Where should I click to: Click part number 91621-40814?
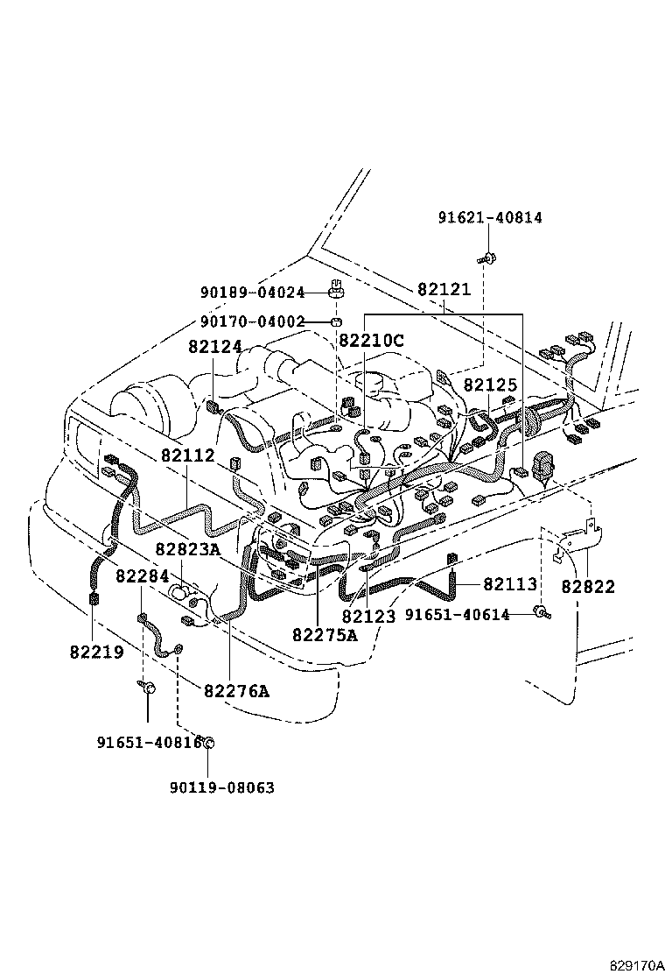(490, 218)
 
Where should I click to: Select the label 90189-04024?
(252, 293)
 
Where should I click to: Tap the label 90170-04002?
(252, 321)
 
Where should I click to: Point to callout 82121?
(444, 289)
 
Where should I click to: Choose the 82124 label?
(214, 347)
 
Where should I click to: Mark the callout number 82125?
(491, 385)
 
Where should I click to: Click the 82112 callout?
(187, 456)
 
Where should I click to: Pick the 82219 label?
(96, 652)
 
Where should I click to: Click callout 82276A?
(236, 691)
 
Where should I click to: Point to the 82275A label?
(325, 635)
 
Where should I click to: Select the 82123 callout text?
(369, 616)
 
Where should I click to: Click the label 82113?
(510, 584)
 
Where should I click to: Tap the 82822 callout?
(588, 587)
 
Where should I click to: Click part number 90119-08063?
(222, 787)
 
